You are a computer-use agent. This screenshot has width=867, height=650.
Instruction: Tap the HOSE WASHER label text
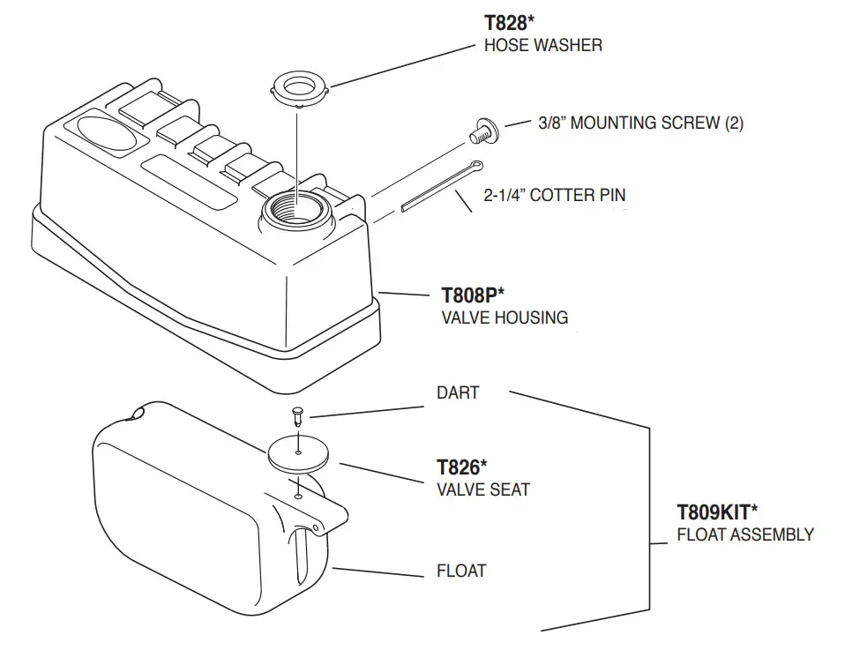pos(542,45)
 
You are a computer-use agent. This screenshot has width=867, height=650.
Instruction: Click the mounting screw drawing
pos(481,131)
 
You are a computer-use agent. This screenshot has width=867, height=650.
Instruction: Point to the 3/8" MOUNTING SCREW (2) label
pos(640,123)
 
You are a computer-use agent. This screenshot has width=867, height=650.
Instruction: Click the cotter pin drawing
pos(439,187)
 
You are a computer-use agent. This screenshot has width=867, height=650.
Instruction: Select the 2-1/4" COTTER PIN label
pos(554,195)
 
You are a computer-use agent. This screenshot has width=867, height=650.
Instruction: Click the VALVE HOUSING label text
pos(504,318)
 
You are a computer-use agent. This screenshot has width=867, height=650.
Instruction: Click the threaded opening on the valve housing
pos(298,211)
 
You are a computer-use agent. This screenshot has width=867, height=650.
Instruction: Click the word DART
pos(458,392)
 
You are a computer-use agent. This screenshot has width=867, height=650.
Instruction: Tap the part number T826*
pos(461,467)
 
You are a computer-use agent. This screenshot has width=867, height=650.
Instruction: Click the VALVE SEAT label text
pos(482,489)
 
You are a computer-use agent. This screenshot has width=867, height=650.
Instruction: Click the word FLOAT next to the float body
pos(461,571)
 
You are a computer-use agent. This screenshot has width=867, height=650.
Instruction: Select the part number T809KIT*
pos(717,512)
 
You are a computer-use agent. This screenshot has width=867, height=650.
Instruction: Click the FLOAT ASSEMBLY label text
pos(744,534)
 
